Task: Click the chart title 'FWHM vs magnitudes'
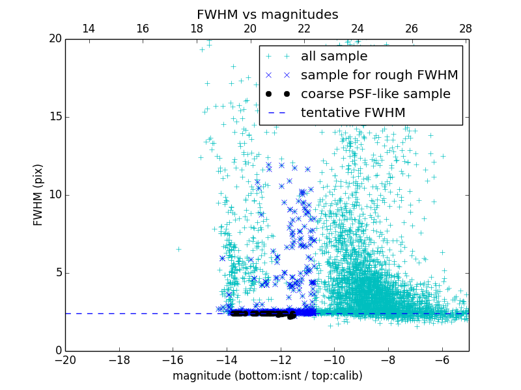click(267, 14)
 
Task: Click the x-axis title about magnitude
click(267, 376)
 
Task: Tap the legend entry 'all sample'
click(333, 57)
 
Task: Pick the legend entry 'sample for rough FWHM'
click(379, 75)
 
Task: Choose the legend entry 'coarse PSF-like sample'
click(375, 94)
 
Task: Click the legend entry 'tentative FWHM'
click(352, 113)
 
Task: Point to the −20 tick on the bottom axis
click(65, 359)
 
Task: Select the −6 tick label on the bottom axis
click(442, 359)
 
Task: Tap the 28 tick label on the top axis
click(465, 29)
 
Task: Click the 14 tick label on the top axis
click(89, 29)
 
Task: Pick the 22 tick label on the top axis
click(303, 29)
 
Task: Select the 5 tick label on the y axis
click(57, 273)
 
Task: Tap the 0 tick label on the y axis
click(57, 351)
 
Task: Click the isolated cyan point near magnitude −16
click(178, 249)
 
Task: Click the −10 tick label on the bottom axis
click(334, 359)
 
